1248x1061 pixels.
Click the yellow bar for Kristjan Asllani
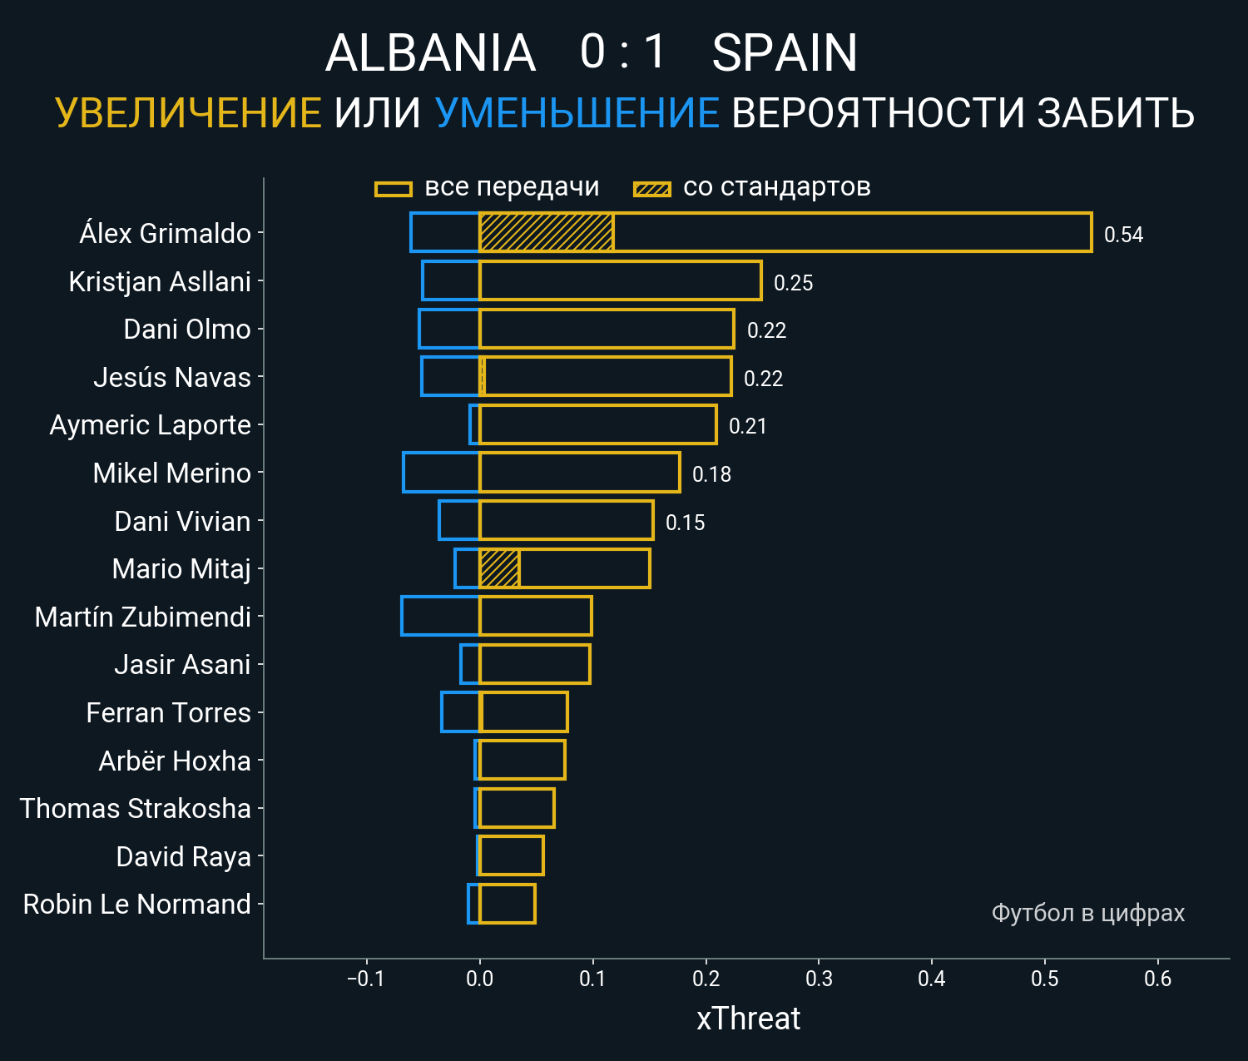tap(620, 280)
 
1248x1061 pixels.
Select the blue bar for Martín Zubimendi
tap(440, 616)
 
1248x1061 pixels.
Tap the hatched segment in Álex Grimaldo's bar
tap(546, 232)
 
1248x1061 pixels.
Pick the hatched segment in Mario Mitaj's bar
tap(499, 568)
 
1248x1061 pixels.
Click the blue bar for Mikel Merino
tap(441, 473)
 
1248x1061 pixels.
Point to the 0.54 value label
tap(1123, 235)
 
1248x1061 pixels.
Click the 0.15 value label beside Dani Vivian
tap(685, 523)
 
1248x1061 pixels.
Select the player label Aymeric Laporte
tap(150, 425)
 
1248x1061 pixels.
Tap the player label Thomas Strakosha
tap(135, 809)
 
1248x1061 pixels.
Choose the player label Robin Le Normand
tap(136, 905)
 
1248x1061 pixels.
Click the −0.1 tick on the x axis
tap(365, 979)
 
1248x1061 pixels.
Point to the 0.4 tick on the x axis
tap(932, 979)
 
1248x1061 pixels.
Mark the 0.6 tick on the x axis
tap(1157, 979)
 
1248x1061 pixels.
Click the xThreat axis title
tap(748, 1019)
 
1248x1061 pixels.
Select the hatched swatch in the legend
tap(651, 189)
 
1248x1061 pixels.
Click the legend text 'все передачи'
tap(512, 187)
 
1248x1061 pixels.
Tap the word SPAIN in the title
tap(785, 53)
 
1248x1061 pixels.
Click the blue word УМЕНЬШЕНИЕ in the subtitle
tap(577, 113)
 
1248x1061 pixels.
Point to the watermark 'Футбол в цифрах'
tap(1087, 913)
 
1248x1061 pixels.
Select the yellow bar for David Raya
tap(511, 855)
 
